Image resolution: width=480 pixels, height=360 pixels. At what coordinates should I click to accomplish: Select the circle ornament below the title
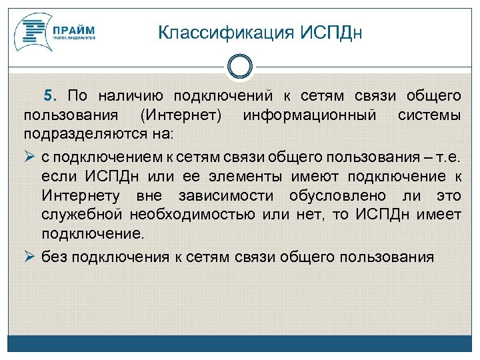pyautogui.click(x=240, y=67)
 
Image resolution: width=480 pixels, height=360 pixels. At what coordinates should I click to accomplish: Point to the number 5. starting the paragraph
pyautogui.click(x=51, y=96)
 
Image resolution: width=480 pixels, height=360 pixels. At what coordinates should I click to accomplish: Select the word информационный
pyautogui.click(x=311, y=116)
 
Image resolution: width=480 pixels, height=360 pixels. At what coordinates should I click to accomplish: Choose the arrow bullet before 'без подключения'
pyautogui.click(x=29, y=257)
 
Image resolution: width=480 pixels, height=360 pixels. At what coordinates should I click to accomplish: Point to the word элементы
pyautogui.click(x=249, y=176)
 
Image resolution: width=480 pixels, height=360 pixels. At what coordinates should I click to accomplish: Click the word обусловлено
pyautogui.click(x=336, y=196)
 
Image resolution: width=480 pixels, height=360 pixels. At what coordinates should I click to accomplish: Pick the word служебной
pyautogui.click(x=82, y=215)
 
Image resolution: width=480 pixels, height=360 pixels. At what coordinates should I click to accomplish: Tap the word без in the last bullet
pyautogui.click(x=55, y=257)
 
